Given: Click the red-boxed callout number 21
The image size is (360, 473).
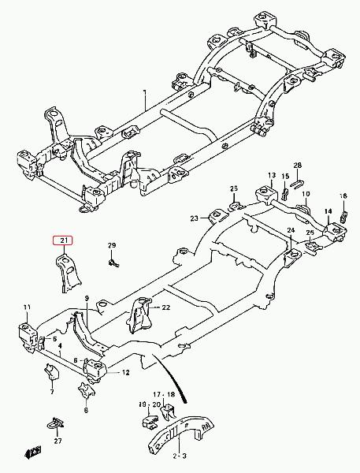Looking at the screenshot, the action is point(63,240).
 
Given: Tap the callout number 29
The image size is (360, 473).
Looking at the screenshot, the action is point(112,245).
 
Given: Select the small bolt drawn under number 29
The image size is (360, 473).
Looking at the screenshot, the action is point(113,263).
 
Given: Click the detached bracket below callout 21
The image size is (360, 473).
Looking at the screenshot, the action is point(69,273).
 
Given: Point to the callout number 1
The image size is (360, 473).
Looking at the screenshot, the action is point(144,92).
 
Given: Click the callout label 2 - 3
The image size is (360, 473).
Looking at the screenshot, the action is point(180,456).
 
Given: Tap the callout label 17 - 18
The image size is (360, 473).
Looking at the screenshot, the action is point(164,394).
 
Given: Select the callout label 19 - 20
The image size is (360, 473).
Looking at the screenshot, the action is point(149,404).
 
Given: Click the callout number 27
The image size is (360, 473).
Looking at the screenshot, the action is point(58,441).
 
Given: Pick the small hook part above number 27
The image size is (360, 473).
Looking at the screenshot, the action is point(56,424).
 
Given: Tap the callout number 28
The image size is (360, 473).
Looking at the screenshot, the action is point(297,165).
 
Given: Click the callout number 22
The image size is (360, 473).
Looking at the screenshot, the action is point(166,307).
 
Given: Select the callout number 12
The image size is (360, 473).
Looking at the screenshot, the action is point(125,373).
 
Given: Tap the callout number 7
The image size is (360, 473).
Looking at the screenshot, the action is point(52,392).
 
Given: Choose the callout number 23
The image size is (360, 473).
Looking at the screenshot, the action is point(195,218).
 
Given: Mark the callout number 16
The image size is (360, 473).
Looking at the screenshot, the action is point(343,196).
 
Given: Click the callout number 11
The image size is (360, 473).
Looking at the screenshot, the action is point(27,307).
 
